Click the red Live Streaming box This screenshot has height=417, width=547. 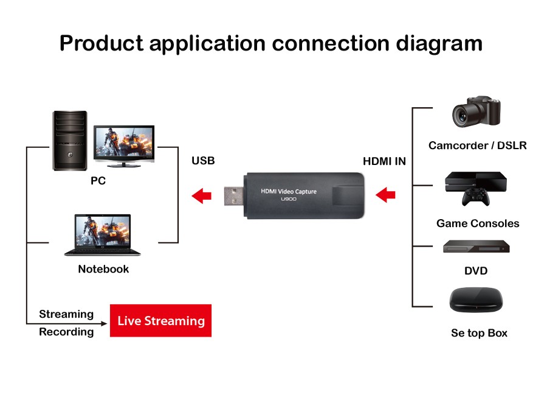click(160, 321)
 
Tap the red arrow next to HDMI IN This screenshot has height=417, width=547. click(386, 195)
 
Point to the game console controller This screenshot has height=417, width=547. click(475, 198)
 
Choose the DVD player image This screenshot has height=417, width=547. click(476, 247)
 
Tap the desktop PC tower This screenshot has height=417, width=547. click(69, 141)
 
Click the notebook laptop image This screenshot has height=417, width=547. click(103, 235)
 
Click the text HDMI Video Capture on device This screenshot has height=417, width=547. click(288, 191)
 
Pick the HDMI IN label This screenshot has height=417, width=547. click(384, 161)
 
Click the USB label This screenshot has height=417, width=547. click(203, 161)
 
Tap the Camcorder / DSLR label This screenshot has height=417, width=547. click(477, 145)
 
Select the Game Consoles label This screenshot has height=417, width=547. click(478, 223)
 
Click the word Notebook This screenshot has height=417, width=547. click(103, 269)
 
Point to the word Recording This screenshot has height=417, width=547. click(66, 332)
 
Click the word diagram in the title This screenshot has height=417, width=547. click(439, 43)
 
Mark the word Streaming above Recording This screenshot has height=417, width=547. click(66, 314)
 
